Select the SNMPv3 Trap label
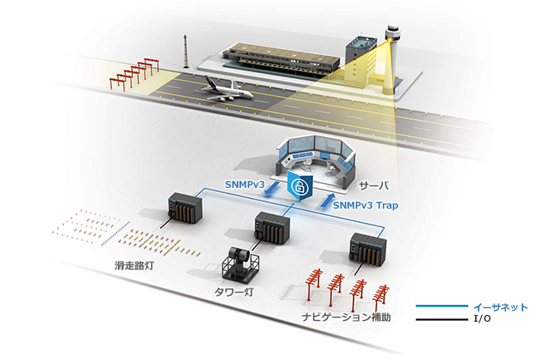[366, 205]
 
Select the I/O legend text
[481, 318]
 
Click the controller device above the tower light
[271, 228]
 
